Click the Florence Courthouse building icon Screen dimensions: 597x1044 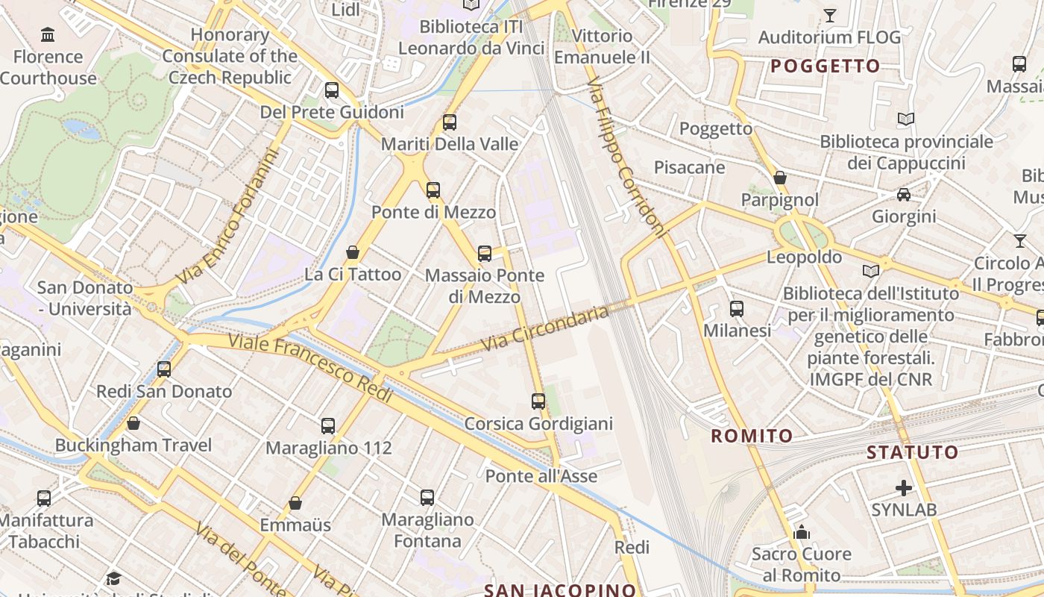(48, 34)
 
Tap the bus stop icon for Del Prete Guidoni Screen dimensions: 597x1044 (332, 90)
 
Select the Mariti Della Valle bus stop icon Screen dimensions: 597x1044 (450, 122)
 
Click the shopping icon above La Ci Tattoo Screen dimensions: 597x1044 (353, 252)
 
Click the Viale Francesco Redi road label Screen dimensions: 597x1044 (310, 369)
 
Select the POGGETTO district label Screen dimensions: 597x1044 (826, 66)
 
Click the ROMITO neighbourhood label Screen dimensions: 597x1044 (752, 436)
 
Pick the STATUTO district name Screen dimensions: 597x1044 (913, 452)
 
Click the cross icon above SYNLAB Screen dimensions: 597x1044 (904, 488)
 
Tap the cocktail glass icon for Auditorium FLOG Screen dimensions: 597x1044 (829, 15)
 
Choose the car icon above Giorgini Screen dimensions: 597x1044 (904, 195)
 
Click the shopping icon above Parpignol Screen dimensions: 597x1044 (780, 178)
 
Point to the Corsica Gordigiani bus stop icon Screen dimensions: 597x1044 (538, 401)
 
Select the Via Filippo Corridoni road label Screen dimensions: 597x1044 (626, 157)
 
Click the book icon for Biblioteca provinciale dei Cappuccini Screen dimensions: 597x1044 (906, 119)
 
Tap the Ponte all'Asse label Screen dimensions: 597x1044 (541, 475)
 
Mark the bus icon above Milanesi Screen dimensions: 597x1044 (737, 308)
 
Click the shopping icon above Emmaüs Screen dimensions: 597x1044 (295, 503)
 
